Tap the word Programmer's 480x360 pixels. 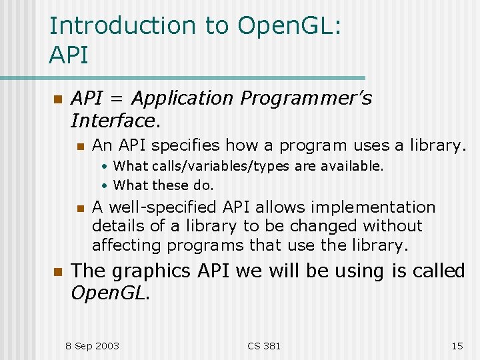point(306,99)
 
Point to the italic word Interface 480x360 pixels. point(114,121)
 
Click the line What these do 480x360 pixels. point(163,185)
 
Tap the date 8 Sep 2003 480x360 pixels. point(92,345)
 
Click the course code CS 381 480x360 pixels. point(264,345)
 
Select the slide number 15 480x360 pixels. point(457,345)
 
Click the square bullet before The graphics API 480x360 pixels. point(57,272)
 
